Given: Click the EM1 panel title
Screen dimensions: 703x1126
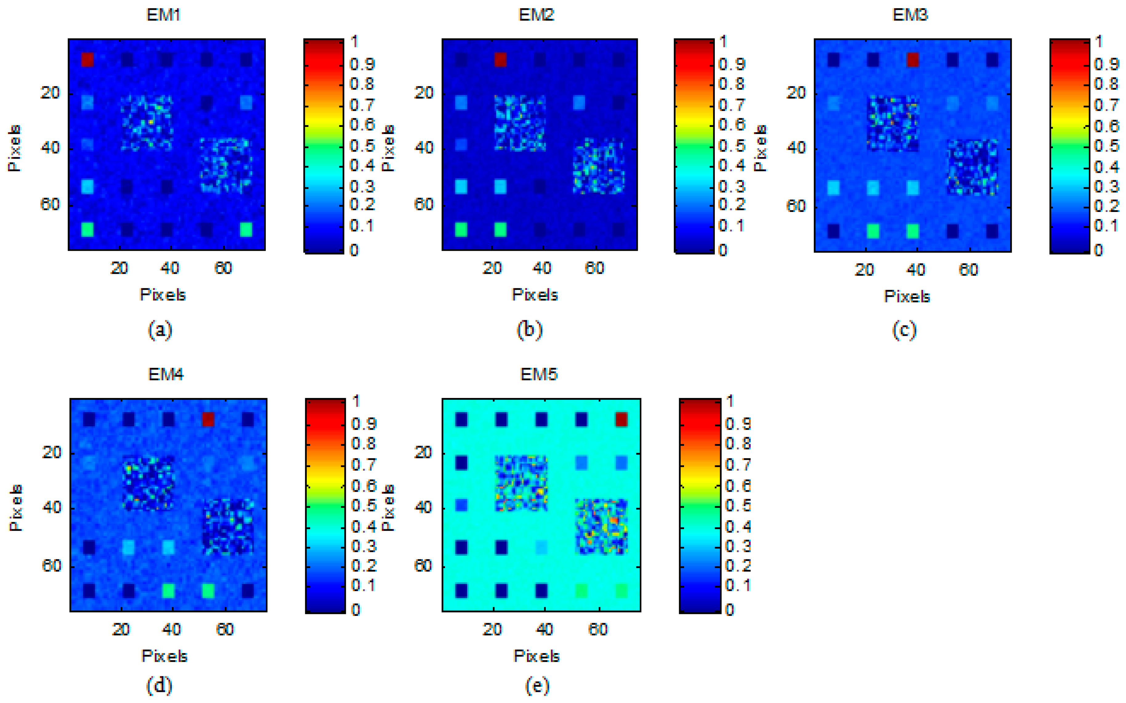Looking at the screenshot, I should click(x=163, y=15).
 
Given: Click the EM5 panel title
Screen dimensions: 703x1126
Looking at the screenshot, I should click(x=538, y=374).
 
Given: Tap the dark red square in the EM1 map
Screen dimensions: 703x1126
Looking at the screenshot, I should click(x=87, y=59).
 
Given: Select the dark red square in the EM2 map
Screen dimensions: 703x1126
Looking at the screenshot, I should click(x=500, y=59).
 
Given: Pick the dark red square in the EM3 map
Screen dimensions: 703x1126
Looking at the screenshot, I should click(x=913, y=59).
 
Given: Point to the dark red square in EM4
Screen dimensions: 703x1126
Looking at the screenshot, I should click(x=208, y=419).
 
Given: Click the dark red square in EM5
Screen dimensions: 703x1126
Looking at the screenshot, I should click(x=621, y=419).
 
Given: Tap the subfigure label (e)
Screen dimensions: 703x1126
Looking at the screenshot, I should click(x=537, y=685).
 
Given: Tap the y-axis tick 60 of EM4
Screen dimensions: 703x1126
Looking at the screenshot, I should click(x=51, y=566).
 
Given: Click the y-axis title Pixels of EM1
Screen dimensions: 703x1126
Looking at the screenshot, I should click(x=15, y=148).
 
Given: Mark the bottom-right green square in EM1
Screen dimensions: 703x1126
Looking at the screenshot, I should click(x=246, y=229).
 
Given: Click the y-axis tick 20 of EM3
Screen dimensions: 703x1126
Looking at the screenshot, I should click(x=795, y=93).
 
